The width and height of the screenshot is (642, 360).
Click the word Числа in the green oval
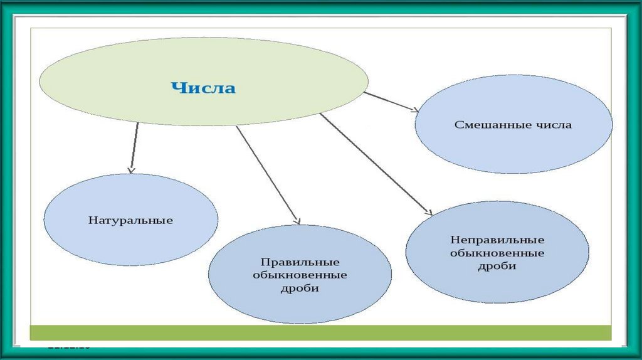tap(204, 88)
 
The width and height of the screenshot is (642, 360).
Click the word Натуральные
tap(130, 220)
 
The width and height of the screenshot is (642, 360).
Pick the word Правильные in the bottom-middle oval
tap(300, 262)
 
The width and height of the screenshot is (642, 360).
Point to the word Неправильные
tap(497, 240)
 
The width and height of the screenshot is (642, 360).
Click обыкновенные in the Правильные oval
tap(300, 275)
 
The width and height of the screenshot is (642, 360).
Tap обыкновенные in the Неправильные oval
tap(497, 253)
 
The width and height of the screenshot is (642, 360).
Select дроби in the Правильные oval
tap(300, 289)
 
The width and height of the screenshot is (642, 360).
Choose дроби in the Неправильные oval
tap(497, 267)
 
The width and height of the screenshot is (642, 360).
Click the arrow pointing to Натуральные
tap(134, 147)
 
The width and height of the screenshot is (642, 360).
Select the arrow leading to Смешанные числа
tap(390, 102)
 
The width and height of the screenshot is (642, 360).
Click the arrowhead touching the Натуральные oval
tap(131, 169)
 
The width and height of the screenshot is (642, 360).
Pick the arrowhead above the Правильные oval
tap(297, 220)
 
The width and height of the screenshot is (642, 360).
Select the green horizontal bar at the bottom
tap(320, 332)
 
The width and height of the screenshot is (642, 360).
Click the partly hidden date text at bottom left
tap(69, 346)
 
